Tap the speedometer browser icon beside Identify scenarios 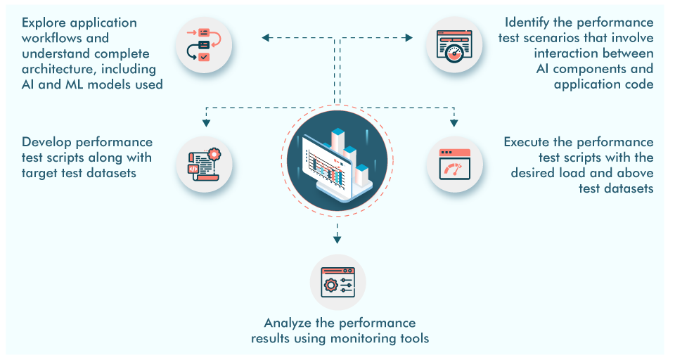click(455, 47)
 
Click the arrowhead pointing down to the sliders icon click(337, 239)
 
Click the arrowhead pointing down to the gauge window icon click(455, 123)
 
